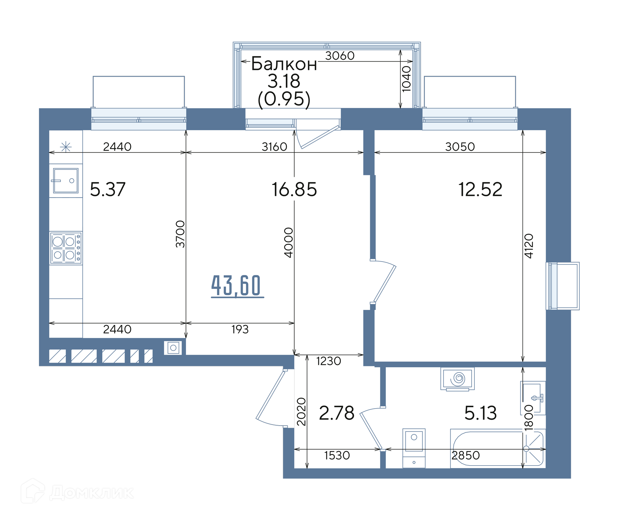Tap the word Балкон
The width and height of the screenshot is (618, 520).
coord(284,64)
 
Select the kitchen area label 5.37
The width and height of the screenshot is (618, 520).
coord(108,189)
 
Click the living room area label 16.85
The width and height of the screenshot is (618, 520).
coord(294,189)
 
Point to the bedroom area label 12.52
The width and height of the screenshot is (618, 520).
coord(480,189)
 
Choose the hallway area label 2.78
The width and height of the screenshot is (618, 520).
coord(336,413)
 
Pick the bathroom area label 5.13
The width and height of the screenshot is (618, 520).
coord(481,413)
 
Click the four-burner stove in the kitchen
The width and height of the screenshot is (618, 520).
coord(66,248)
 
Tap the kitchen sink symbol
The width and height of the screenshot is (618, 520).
coord(66,181)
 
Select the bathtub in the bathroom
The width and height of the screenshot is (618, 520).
coord(498,448)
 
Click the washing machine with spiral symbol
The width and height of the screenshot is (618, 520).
coord(457,379)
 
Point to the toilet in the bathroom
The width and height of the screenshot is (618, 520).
coord(414,448)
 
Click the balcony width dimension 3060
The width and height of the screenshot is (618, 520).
coord(340,56)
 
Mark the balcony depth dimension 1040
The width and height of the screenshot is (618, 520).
coord(407,79)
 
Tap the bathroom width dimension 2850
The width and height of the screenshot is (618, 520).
coord(465,455)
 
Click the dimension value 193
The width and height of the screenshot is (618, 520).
coord(240,329)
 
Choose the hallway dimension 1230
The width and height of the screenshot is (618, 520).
coord(328,361)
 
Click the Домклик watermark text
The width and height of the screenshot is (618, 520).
coord(91,493)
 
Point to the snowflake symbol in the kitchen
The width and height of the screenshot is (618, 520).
coord(66,147)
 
